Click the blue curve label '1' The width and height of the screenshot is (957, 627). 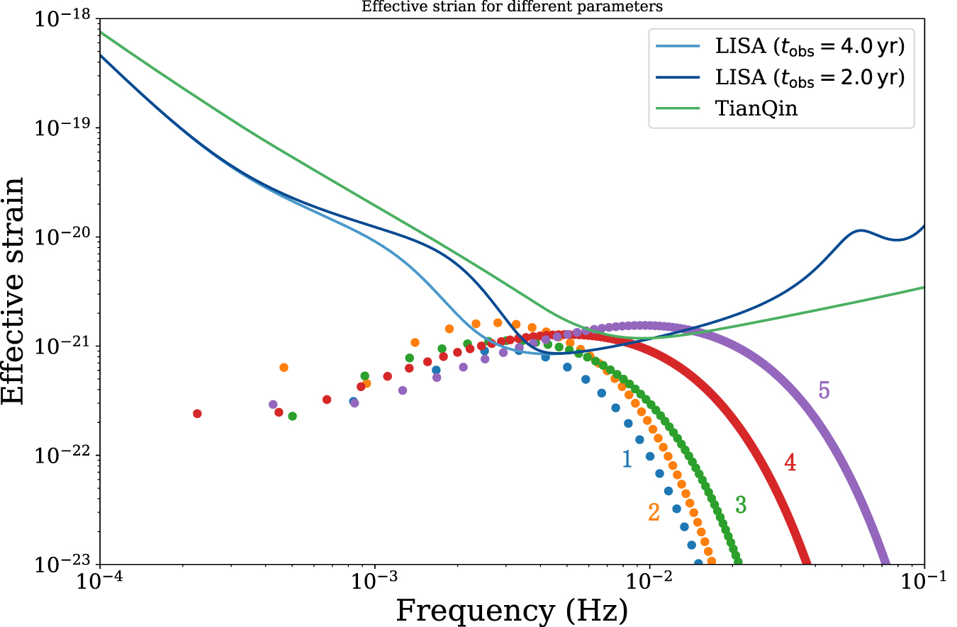tap(627, 459)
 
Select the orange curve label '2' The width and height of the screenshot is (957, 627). tap(654, 512)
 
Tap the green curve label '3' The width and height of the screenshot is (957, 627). tap(741, 504)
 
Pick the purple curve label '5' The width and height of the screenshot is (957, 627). tap(824, 390)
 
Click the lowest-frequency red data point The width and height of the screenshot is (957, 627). tap(197, 414)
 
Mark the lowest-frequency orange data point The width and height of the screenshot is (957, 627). tap(284, 367)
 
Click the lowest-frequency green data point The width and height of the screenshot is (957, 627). tap(292, 416)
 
